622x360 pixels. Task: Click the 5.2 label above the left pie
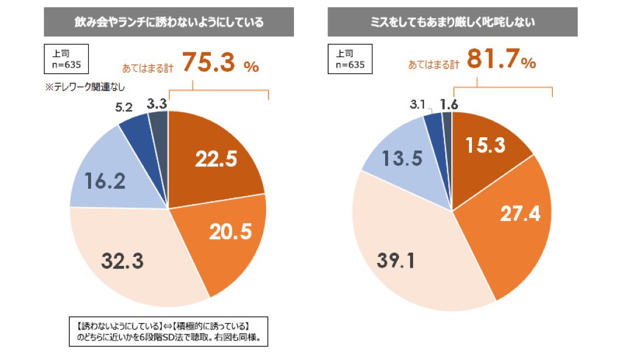tap(125, 107)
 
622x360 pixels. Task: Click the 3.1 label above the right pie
tap(417, 105)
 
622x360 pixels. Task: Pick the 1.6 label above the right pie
tap(450, 103)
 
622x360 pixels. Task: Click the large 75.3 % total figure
tap(220, 64)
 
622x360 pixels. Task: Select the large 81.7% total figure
tap(502, 61)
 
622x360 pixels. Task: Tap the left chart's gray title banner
tap(168, 22)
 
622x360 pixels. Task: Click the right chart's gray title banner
tap(453, 22)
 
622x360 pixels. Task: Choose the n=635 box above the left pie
tap(66, 59)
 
